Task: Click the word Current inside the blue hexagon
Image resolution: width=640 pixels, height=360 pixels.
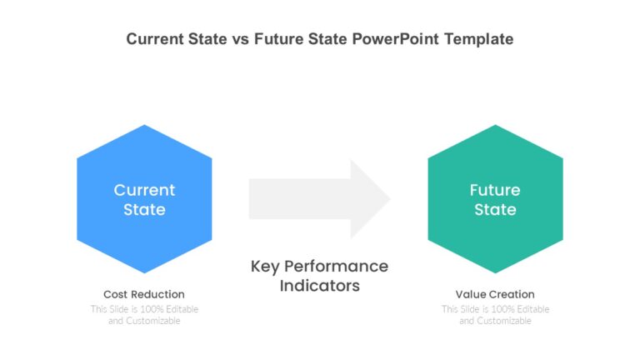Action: pos(144,190)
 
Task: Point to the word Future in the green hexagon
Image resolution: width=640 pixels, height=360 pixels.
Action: pos(495,190)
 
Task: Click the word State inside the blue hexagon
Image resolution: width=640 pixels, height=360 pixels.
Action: pos(144,210)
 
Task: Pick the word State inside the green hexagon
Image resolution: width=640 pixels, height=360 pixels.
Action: pos(495,210)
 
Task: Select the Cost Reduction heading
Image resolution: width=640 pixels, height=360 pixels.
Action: pos(144,294)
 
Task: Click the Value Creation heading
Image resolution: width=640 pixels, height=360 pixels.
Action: pos(495,294)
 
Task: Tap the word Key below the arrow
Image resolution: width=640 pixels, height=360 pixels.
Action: pos(265,267)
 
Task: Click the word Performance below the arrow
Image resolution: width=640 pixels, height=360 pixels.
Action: pos(337,267)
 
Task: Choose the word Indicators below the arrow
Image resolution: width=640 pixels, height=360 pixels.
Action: pos(320,286)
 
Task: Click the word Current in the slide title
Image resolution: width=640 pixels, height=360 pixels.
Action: pos(155,39)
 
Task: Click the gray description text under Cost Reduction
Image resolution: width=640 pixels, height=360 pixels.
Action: pos(144,315)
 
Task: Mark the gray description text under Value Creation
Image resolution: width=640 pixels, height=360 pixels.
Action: pos(495,315)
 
